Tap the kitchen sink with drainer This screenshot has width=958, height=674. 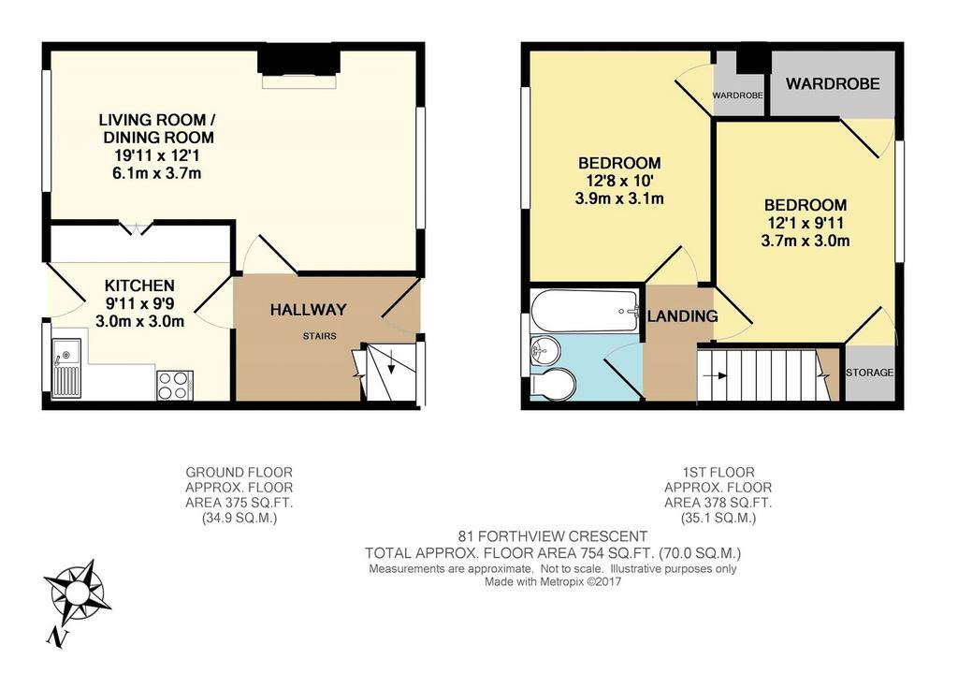coord(66,368)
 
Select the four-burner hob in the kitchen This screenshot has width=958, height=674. coord(175,386)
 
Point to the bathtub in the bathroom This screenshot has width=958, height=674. coord(585,311)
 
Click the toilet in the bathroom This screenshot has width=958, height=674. coord(553,384)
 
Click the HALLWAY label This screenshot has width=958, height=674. coord(309,310)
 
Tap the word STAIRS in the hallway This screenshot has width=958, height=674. coord(320,336)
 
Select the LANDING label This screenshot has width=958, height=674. coord(682,316)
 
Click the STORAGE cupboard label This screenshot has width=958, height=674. coord(869,373)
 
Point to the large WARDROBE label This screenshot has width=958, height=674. coord(833,84)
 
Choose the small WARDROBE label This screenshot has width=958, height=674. coord(738,95)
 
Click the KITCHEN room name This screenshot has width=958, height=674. coord(140,286)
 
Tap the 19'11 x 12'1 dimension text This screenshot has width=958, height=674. coord(157,155)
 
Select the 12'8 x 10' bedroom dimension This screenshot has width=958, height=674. coord(619,181)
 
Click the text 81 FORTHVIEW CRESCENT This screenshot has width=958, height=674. coord(553,537)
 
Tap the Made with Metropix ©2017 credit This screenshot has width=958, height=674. coord(553,582)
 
